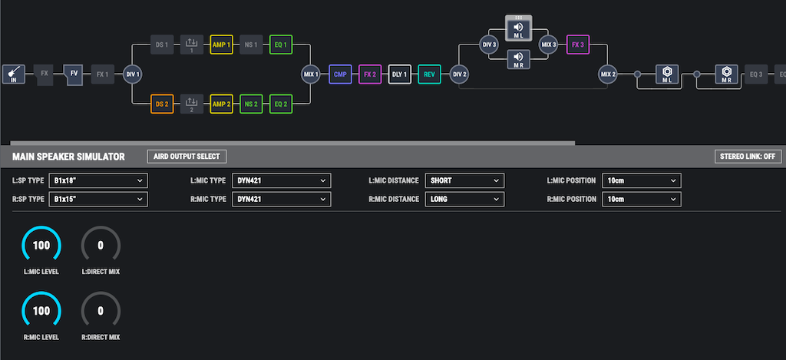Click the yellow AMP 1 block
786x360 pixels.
pyautogui.click(x=222, y=45)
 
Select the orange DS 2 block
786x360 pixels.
pyautogui.click(x=162, y=104)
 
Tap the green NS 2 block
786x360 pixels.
pyautogui.click(x=251, y=104)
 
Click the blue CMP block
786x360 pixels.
pyautogui.click(x=340, y=74)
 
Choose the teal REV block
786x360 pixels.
pyautogui.click(x=429, y=74)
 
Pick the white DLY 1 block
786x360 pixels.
pyautogui.click(x=399, y=74)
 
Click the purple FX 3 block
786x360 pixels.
pyautogui.click(x=578, y=45)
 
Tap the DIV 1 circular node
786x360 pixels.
pyautogui.click(x=132, y=74)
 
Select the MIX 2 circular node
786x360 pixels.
pyautogui.click(x=608, y=74)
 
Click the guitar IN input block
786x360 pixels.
pyautogui.click(x=14, y=74)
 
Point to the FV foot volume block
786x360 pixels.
pyautogui.click(x=73, y=74)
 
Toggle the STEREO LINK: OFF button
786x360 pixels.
pyautogui.click(x=748, y=157)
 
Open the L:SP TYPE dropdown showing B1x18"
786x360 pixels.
pyautogui.click(x=98, y=180)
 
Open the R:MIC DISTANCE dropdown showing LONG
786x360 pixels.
pyautogui.click(x=464, y=199)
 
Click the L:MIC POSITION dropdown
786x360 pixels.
pyautogui.click(x=642, y=180)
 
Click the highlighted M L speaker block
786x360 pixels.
pyautogui.click(x=518, y=28)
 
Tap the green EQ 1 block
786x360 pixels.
pyautogui.click(x=281, y=45)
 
